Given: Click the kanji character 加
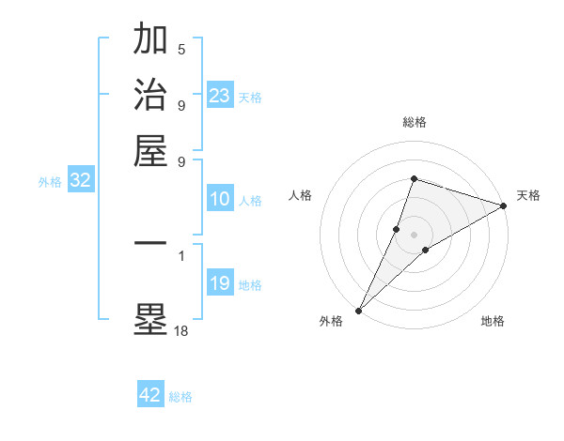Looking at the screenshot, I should (150, 39).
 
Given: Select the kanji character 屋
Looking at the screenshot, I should (150, 150).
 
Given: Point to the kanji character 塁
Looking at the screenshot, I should (150, 318).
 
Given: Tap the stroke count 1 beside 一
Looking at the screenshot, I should (181, 254).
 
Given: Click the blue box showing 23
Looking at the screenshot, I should (220, 96).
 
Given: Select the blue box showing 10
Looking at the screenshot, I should (220, 199).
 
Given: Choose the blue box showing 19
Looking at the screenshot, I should (220, 283).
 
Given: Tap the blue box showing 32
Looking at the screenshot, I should (80, 181).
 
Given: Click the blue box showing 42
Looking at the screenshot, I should (150, 395).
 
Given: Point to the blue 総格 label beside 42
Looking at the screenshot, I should (180, 397).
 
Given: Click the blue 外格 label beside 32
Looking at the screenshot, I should (50, 182).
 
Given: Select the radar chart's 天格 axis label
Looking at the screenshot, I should (528, 195).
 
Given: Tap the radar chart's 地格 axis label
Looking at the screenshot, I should (493, 322).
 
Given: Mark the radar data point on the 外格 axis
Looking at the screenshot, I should (358, 310).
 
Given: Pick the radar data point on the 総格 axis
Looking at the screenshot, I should (414, 178).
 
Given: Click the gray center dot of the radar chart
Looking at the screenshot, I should (414, 235).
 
